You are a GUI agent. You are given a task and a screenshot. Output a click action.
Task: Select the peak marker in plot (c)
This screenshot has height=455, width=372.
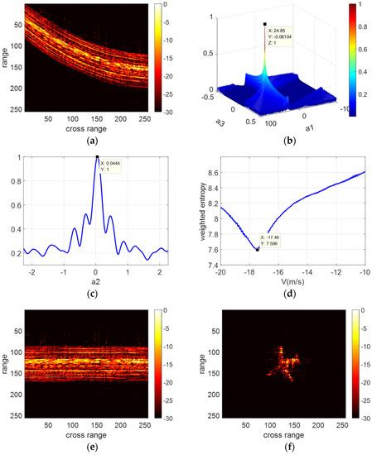(x=97, y=156)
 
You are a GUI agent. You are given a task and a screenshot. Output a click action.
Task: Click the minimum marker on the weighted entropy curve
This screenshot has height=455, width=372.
(x=257, y=248)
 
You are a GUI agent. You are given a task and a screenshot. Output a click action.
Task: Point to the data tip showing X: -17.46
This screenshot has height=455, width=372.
(x=273, y=240)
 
